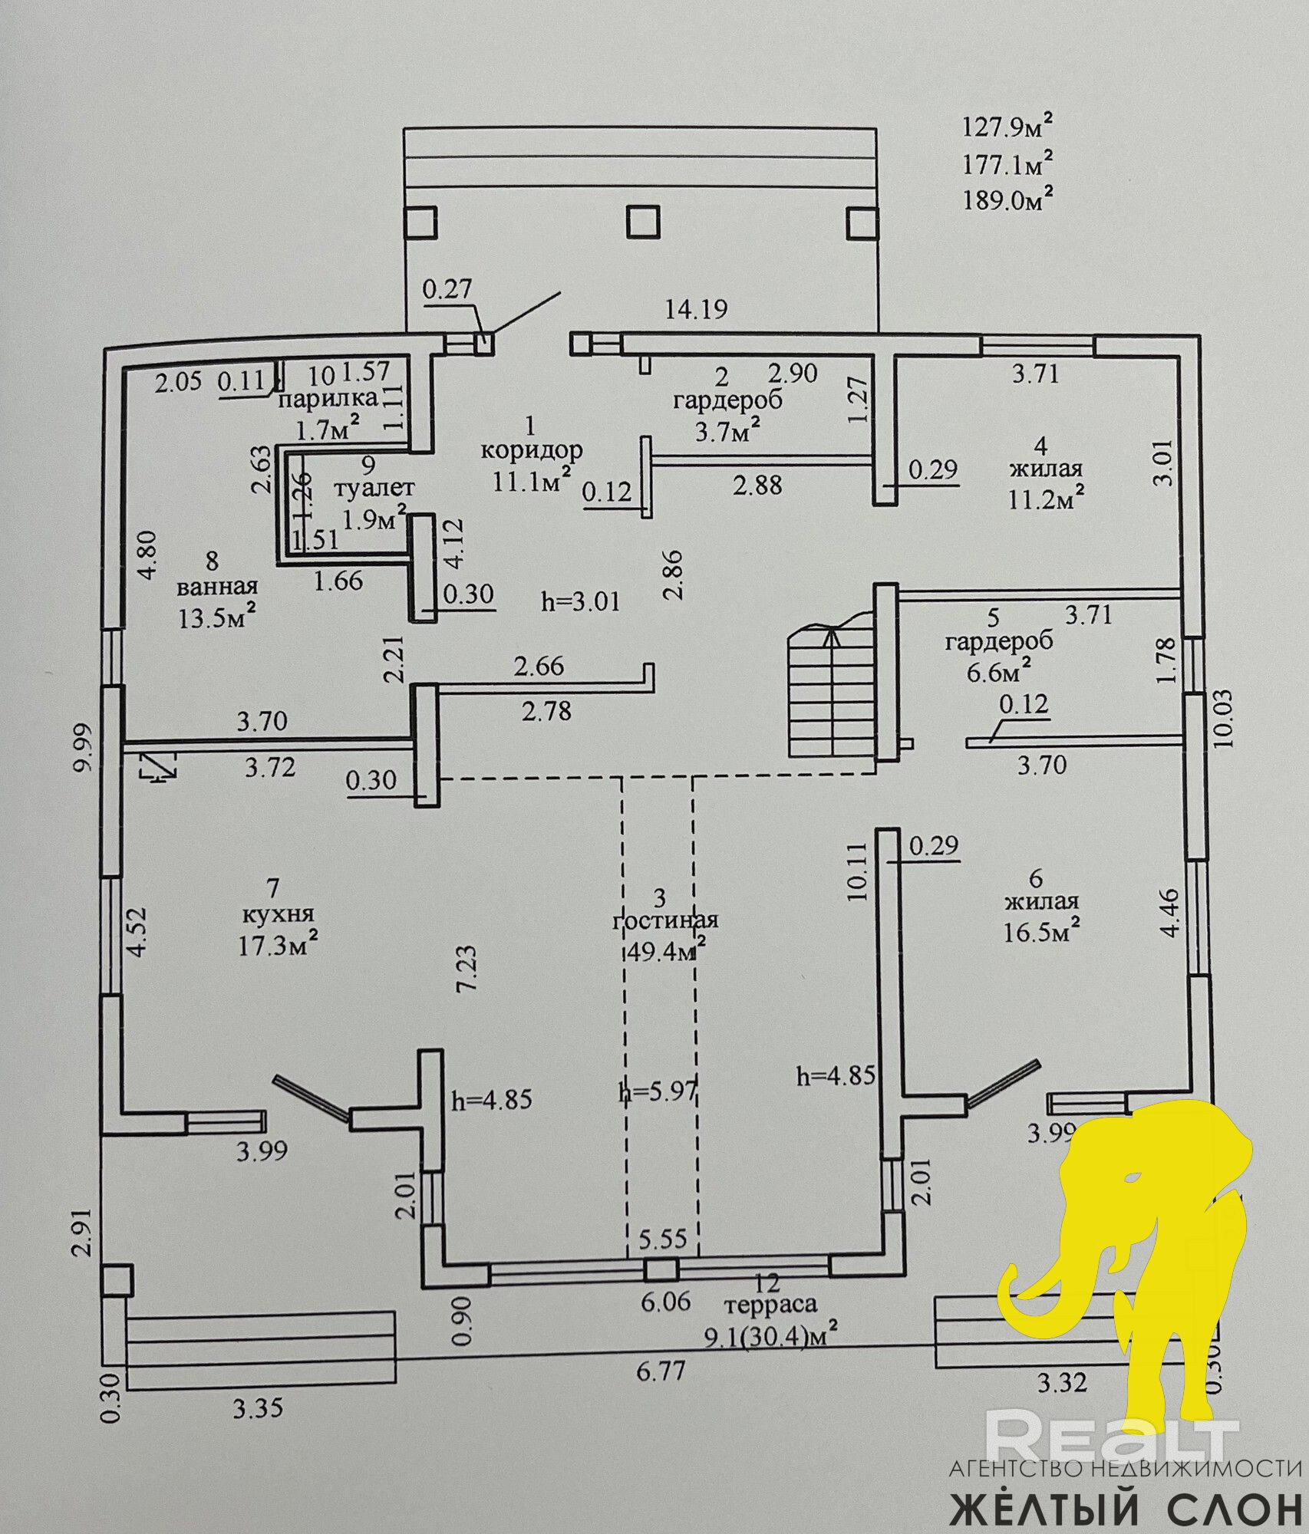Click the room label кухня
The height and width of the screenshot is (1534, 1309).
pos(278,914)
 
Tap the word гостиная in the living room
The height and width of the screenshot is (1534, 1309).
pos(664,920)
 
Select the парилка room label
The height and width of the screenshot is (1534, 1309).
pos(328,398)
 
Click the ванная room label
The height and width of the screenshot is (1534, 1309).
pos(217,588)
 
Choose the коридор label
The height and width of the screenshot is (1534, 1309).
pos(532,449)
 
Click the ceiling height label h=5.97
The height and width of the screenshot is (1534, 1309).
pos(658,1091)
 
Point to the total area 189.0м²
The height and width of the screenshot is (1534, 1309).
pos(1007,199)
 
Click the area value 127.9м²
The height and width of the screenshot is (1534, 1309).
pos(1007,126)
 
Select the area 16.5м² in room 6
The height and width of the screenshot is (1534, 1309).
pos(1042,932)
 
